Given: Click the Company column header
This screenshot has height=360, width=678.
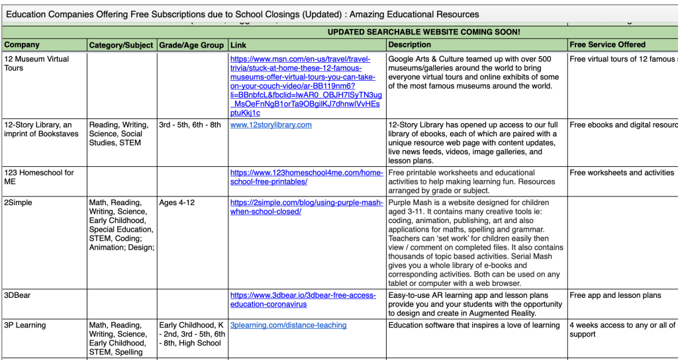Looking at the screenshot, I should tap(23, 45).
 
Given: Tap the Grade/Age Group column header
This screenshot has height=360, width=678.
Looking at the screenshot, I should tap(191, 45).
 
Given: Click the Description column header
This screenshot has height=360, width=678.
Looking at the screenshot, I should tap(410, 45).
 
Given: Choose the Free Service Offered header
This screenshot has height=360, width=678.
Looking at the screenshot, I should tap(607, 45).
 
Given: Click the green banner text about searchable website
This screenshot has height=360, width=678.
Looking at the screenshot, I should tap(424, 32).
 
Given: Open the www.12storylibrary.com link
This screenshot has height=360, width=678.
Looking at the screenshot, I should tap(271, 125).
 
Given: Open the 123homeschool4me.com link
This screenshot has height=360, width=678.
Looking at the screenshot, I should tap(307, 177).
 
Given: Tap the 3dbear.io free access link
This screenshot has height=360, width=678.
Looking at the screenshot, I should tap(303, 300).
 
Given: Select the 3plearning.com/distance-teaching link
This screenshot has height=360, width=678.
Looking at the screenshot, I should tap(288, 326).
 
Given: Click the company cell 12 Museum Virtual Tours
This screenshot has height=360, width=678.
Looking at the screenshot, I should tap(36, 64).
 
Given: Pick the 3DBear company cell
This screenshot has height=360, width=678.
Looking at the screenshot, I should tap(18, 296).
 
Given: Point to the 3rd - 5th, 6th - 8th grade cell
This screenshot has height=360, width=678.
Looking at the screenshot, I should tap(190, 125).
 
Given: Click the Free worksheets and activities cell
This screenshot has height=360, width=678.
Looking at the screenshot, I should tap(622, 173).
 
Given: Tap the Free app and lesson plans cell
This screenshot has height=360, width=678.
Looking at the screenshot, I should tap(615, 296).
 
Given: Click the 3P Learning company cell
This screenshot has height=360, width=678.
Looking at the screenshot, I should tap(25, 326).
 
